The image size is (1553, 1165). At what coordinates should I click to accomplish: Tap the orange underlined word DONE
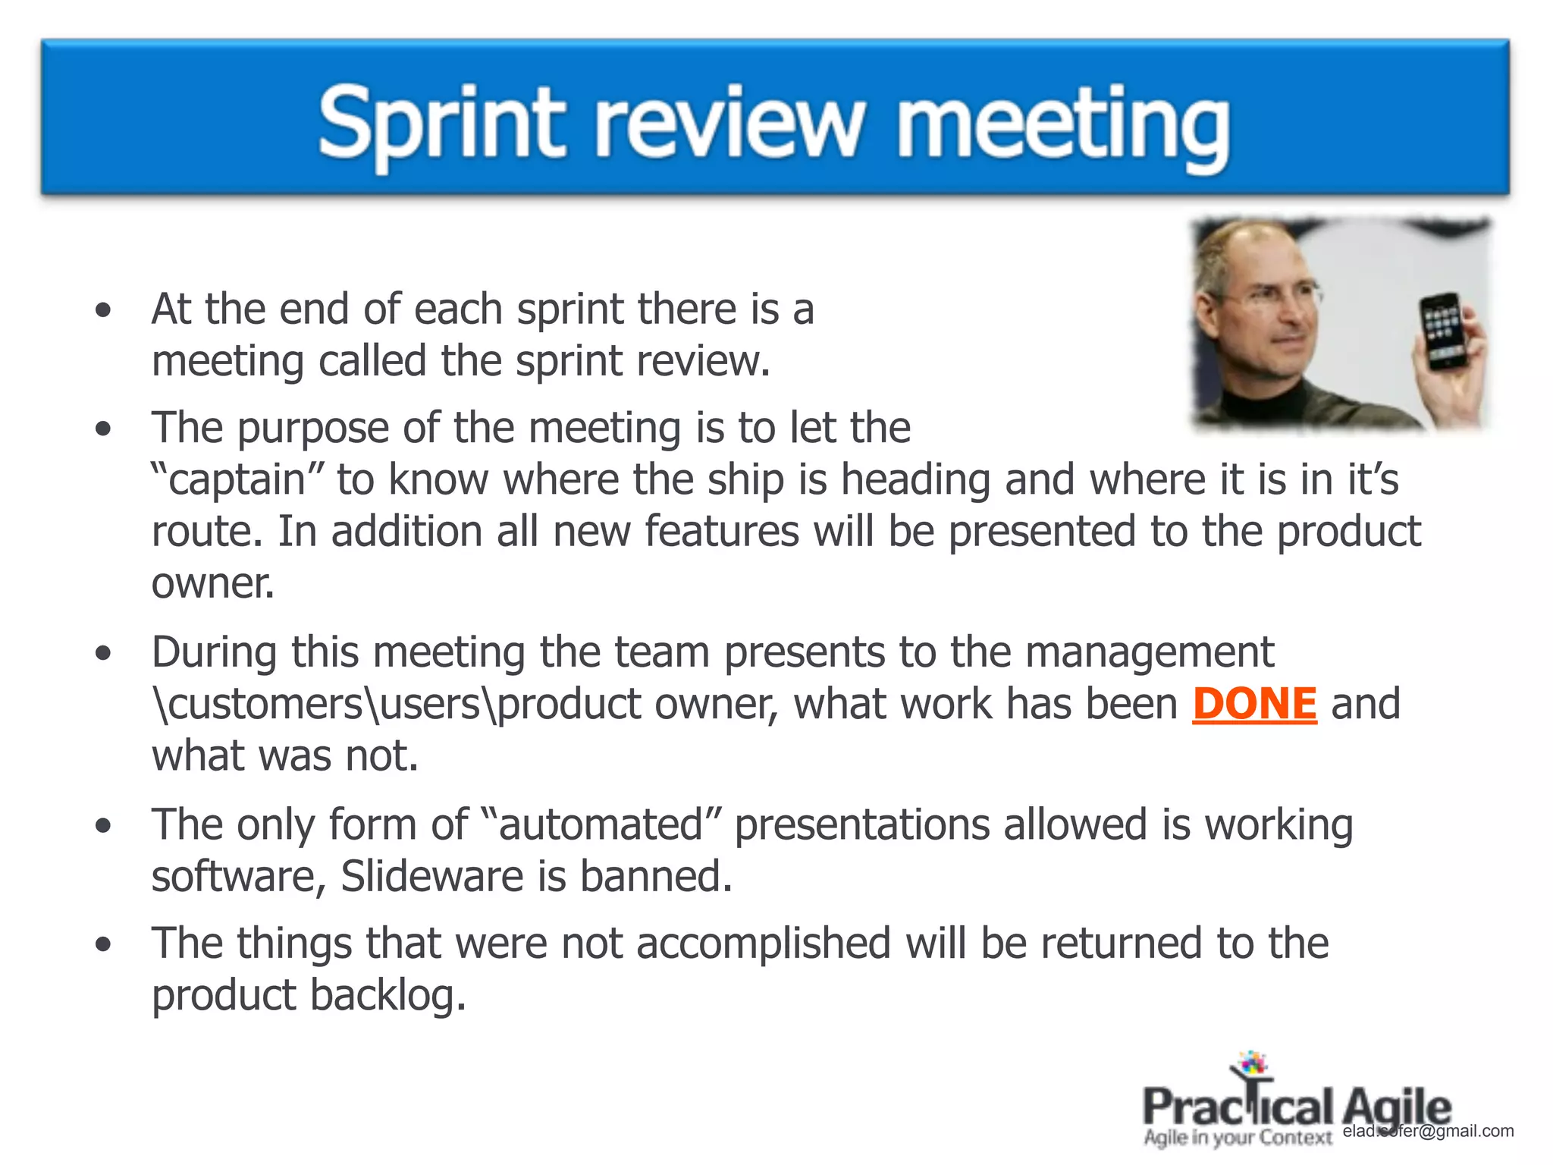[1254, 704]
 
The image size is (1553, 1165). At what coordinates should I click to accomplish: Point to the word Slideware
[431, 877]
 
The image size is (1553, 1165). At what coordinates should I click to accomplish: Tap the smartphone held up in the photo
[1443, 331]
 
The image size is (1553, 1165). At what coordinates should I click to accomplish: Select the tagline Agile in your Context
[1238, 1138]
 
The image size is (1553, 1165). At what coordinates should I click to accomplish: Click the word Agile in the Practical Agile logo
[1396, 1107]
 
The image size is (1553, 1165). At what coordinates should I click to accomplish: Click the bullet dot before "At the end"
[104, 309]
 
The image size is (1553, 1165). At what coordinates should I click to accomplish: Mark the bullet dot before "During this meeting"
[104, 652]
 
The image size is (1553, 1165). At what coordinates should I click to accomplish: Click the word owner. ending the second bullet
[212, 584]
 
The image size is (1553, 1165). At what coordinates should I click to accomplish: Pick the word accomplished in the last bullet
[764, 944]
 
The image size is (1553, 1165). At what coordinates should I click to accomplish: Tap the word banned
[656, 877]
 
